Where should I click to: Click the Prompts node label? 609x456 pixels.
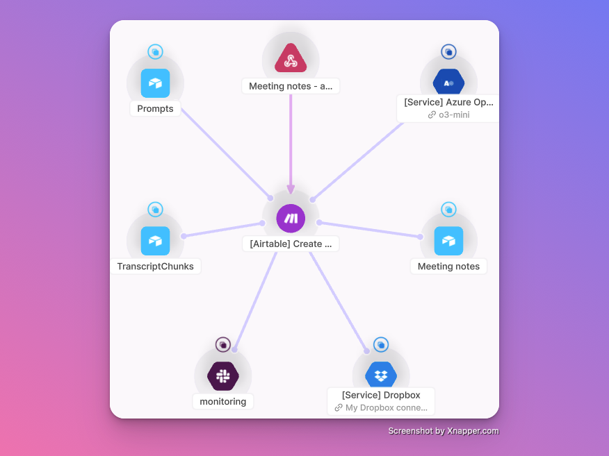pyautogui.click(x=155, y=109)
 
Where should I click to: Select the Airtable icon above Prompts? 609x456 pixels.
pyautogui.click(x=155, y=83)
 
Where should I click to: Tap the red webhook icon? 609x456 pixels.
pyautogui.click(x=291, y=58)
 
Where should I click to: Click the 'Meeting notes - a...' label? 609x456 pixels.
pyautogui.click(x=291, y=87)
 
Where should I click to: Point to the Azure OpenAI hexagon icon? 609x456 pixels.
pyautogui.click(x=448, y=83)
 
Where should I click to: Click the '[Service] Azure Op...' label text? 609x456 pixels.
pyautogui.click(x=448, y=102)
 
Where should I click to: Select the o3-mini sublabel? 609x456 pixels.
pyautogui.click(x=453, y=115)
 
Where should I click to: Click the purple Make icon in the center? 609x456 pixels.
pyautogui.click(x=291, y=219)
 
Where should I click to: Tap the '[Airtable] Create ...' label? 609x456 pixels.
pyautogui.click(x=291, y=244)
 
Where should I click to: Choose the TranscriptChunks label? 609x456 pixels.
pyautogui.click(x=156, y=267)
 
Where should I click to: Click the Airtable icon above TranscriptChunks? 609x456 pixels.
pyautogui.click(x=155, y=241)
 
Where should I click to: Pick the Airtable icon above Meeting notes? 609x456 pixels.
pyautogui.click(x=448, y=241)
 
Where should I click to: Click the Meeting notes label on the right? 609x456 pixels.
pyautogui.click(x=448, y=267)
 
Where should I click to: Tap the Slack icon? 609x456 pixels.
pyautogui.click(x=222, y=376)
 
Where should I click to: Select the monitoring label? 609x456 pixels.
pyautogui.click(x=222, y=401)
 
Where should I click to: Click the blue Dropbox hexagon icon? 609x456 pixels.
pyautogui.click(x=381, y=376)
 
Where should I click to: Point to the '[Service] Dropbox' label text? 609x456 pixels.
pyautogui.click(x=381, y=396)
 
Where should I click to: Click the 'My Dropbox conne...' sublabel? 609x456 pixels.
pyautogui.click(x=386, y=408)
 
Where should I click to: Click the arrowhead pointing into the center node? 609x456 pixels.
pyautogui.click(x=291, y=189)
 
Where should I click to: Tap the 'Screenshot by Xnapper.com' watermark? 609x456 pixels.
pyautogui.click(x=443, y=431)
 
